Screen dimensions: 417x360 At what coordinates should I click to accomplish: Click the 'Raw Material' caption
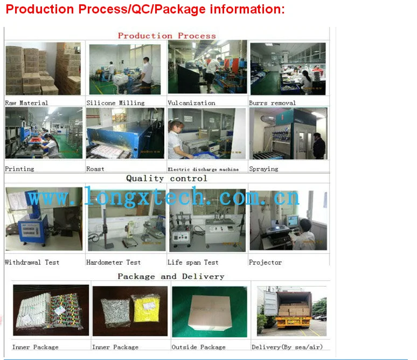[26, 103]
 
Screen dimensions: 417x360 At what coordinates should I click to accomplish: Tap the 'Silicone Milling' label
[115, 103]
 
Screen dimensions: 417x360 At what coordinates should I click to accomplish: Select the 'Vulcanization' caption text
[191, 103]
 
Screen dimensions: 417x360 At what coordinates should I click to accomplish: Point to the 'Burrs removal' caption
[272, 103]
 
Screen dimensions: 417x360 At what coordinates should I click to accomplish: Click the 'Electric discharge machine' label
[203, 169]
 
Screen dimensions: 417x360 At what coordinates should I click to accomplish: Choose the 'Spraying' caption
[263, 169]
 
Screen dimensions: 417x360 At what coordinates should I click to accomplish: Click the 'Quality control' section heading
[166, 178]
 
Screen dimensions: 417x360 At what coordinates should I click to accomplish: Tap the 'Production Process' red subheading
[167, 36]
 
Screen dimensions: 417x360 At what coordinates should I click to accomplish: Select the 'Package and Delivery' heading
[171, 276]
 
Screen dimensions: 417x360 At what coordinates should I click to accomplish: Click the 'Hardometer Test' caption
[113, 262]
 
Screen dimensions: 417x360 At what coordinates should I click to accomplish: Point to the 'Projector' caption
[265, 262]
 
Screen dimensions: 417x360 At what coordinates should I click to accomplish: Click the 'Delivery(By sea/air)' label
[287, 347]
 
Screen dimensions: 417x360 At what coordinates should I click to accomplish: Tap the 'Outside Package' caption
[198, 347]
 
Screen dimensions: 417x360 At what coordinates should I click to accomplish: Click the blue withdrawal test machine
[31, 222]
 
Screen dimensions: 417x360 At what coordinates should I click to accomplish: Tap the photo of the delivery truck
[292, 311]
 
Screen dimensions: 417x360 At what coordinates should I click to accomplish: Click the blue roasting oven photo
[125, 133]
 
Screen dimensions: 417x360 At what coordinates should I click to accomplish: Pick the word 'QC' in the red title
[141, 9]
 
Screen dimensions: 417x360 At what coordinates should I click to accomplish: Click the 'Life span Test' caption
[193, 262]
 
